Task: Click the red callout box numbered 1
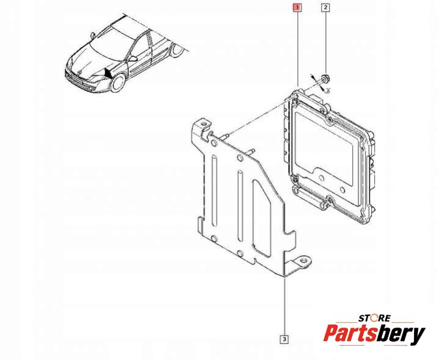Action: pyautogui.click(x=297, y=8)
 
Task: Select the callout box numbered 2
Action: pyautogui.click(x=325, y=8)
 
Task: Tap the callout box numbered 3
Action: pyautogui.click(x=285, y=340)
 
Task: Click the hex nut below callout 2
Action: pyautogui.click(x=325, y=78)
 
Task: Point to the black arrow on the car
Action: pyautogui.click(x=108, y=73)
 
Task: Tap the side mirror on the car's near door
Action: pyautogui.click(x=133, y=59)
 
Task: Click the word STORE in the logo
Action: pyautogui.click(x=374, y=318)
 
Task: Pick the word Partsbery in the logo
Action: pyautogui.click(x=374, y=334)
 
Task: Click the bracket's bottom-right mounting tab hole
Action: pyautogui.click(x=303, y=261)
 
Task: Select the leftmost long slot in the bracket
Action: pyautogui.click(x=214, y=191)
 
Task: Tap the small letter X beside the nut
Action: pyautogui.click(x=328, y=90)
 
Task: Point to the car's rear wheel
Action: pyautogui.click(x=177, y=50)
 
